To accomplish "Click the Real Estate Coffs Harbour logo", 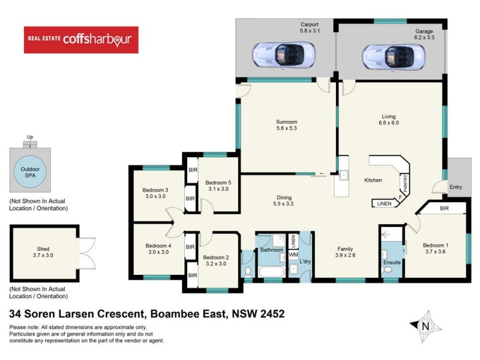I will (81, 40).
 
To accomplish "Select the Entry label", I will (456, 187).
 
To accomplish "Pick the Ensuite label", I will (392, 262).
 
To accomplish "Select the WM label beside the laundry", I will (293, 255).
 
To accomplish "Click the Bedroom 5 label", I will (219, 186).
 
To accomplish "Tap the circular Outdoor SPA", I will (29, 170).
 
